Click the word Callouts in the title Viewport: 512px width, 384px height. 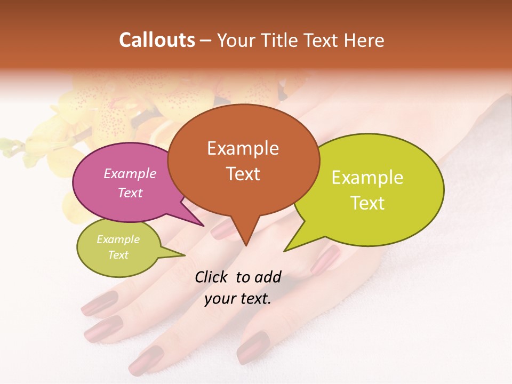(157, 40)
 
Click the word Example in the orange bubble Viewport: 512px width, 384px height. (243, 148)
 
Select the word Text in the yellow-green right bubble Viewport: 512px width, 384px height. (367, 203)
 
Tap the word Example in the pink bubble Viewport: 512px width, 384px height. (130, 174)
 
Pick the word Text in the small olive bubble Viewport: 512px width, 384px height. (118, 255)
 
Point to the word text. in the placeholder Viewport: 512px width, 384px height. (253, 299)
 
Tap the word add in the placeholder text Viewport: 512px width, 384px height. (268, 277)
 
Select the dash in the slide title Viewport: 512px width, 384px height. (205, 40)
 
